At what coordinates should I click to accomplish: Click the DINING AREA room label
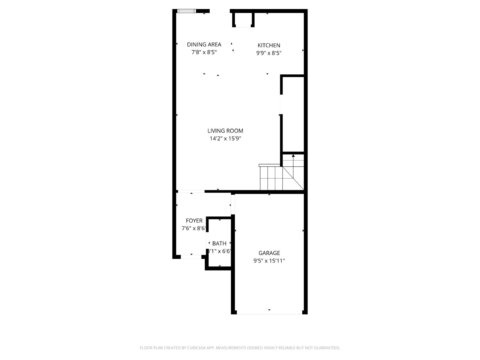click(x=204, y=45)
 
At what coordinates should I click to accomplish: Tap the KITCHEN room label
click(x=269, y=46)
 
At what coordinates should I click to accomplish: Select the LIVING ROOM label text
click(x=225, y=131)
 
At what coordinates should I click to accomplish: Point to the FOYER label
click(x=194, y=220)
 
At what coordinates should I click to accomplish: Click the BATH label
click(x=219, y=243)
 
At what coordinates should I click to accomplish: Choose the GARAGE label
click(x=269, y=253)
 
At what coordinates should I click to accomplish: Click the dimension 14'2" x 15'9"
click(x=225, y=139)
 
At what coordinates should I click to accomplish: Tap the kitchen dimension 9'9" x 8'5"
click(x=269, y=53)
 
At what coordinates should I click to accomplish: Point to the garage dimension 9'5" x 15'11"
click(x=269, y=261)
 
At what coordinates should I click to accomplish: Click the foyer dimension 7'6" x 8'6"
click(x=194, y=228)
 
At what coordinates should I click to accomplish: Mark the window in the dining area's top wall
click(x=187, y=11)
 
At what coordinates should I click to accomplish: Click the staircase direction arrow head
click(x=293, y=156)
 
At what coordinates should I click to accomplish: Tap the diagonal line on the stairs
click(x=293, y=178)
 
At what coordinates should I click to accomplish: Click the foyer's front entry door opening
click(x=191, y=257)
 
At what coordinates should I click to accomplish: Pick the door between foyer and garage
click(x=233, y=204)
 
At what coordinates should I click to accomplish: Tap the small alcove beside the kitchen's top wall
click(x=243, y=20)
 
